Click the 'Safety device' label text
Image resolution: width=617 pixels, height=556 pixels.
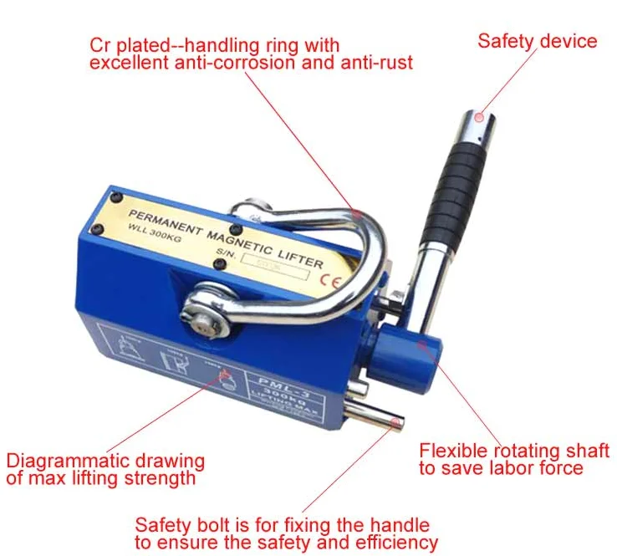(x=538, y=39)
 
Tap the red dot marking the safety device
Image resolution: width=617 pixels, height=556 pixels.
(x=477, y=119)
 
